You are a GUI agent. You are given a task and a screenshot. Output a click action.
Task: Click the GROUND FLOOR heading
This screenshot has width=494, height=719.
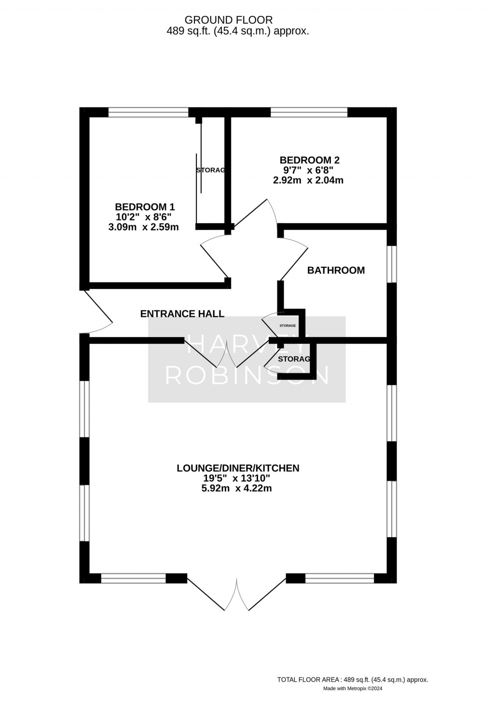(x=229, y=20)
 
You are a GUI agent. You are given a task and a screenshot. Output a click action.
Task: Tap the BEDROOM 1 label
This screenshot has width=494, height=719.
(x=145, y=207)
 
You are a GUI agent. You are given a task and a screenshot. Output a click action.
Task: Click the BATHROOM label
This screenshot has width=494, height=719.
(x=336, y=271)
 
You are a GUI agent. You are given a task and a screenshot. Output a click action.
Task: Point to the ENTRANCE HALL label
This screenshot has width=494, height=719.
(x=182, y=314)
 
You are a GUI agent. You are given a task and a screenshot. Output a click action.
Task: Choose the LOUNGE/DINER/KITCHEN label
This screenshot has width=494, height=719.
(x=238, y=468)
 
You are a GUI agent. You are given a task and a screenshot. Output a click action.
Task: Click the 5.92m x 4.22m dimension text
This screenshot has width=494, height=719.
(x=236, y=488)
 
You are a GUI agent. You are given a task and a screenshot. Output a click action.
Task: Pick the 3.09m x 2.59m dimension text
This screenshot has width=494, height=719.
(x=144, y=227)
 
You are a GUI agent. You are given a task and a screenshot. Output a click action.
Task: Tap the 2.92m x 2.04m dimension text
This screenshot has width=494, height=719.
(x=308, y=181)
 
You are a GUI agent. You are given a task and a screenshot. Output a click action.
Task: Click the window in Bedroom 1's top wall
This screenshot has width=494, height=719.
(x=148, y=112)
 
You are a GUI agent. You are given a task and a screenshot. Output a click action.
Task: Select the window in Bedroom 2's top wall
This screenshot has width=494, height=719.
(x=309, y=112)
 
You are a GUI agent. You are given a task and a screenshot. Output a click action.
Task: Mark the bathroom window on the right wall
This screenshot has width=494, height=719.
(x=392, y=264)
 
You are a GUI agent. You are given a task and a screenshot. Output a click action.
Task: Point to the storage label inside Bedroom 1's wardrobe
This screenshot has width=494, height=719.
(x=210, y=170)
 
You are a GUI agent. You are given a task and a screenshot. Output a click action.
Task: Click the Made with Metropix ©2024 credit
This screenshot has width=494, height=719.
(x=353, y=689)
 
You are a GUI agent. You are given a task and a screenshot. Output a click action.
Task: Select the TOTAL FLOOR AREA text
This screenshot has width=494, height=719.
(x=353, y=679)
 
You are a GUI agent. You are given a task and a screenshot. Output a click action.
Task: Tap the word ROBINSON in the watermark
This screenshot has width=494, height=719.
(x=247, y=375)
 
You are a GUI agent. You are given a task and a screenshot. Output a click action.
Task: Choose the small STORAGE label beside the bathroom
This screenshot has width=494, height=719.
(x=288, y=326)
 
